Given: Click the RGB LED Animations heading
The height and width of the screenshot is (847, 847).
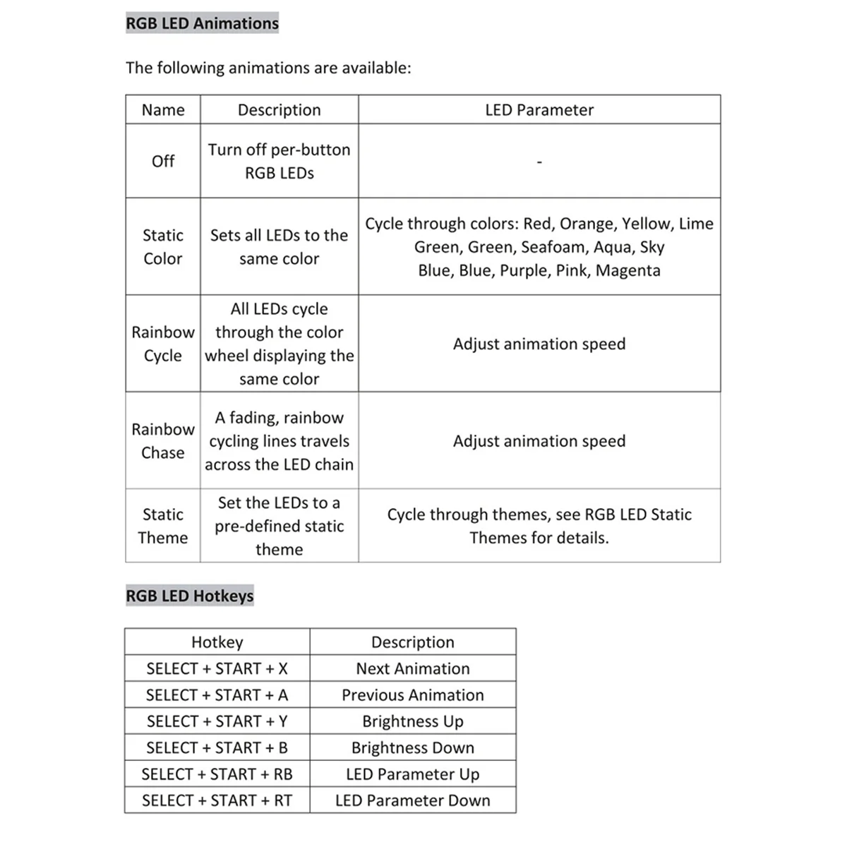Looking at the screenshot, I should (202, 23).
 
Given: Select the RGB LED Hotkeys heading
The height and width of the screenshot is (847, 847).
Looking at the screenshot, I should (189, 596).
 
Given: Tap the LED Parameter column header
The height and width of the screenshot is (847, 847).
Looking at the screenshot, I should (539, 110).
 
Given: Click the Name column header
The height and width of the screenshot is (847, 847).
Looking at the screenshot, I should (163, 110).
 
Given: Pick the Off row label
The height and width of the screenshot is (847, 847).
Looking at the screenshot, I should (163, 161).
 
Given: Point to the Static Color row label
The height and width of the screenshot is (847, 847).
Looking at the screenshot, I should (163, 246).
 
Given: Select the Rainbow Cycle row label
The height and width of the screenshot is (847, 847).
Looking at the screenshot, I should (163, 344).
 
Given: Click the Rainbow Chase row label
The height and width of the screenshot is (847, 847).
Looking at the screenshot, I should (163, 440).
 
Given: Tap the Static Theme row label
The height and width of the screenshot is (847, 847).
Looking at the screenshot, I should (163, 526).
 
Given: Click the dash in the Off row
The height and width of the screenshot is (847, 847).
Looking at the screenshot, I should (539, 162).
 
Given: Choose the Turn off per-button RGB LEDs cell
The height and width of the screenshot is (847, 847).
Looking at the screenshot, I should (280, 161).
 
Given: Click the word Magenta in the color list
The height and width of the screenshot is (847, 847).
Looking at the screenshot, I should (628, 270).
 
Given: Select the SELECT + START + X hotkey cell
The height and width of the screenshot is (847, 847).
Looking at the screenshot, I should (217, 668).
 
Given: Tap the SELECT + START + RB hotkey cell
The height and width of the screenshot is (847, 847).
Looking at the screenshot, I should (217, 774).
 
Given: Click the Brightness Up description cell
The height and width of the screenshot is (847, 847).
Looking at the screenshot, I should (413, 721).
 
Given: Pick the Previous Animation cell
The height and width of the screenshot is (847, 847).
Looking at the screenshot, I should (413, 695).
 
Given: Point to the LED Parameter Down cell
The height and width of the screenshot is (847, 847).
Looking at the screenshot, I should (413, 800).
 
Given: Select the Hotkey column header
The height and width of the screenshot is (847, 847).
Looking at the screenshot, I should (217, 642).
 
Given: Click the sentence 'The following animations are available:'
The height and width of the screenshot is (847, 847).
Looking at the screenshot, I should (268, 68).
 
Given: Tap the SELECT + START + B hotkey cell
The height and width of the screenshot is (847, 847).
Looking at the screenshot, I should (217, 747).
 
